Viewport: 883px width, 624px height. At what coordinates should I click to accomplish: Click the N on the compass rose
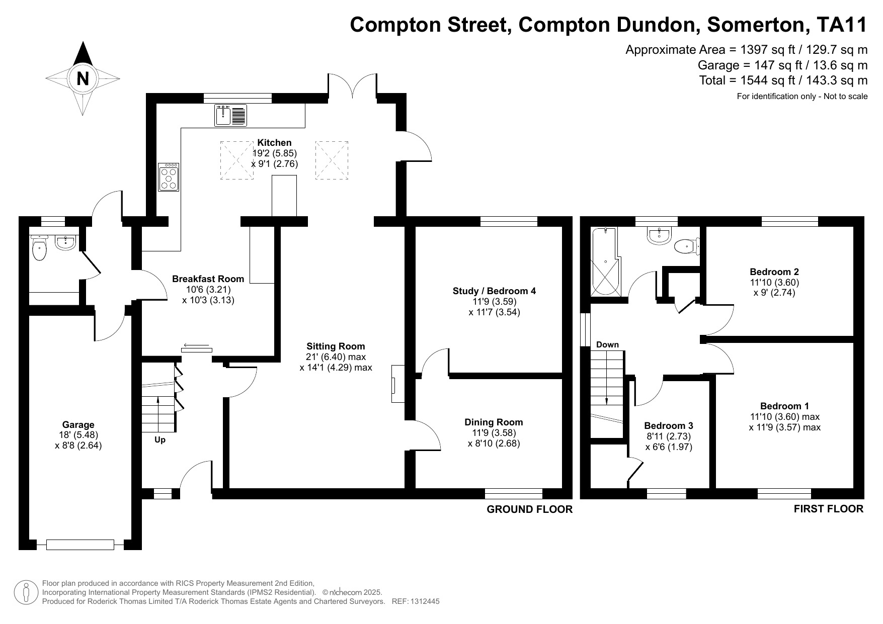tap(83, 78)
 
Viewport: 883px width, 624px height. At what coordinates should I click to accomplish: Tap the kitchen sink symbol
tap(230, 115)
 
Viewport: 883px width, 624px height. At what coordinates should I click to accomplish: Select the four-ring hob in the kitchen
tap(169, 177)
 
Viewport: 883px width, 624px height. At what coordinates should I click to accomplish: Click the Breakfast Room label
tap(208, 279)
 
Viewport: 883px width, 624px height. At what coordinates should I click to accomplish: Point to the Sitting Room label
tap(336, 346)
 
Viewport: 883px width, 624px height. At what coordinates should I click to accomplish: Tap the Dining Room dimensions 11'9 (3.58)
tap(494, 432)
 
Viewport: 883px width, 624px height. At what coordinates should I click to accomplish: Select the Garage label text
tap(78, 424)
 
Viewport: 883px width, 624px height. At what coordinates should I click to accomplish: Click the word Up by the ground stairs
tap(160, 439)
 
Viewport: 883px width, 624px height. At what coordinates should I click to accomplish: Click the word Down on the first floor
tap(607, 344)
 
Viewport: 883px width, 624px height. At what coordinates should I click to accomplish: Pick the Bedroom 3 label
tap(669, 425)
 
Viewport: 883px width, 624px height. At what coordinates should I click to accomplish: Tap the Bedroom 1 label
tap(784, 406)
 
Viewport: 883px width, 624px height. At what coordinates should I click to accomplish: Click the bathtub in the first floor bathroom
tap(604, 261)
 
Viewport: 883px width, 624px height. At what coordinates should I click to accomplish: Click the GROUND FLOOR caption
tap(529, 509)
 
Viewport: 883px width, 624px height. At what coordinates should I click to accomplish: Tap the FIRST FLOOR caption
tap(828, 509)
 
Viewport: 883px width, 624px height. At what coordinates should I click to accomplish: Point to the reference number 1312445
tap(426, 601)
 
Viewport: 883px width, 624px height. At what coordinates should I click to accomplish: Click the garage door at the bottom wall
tap(80, 544)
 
